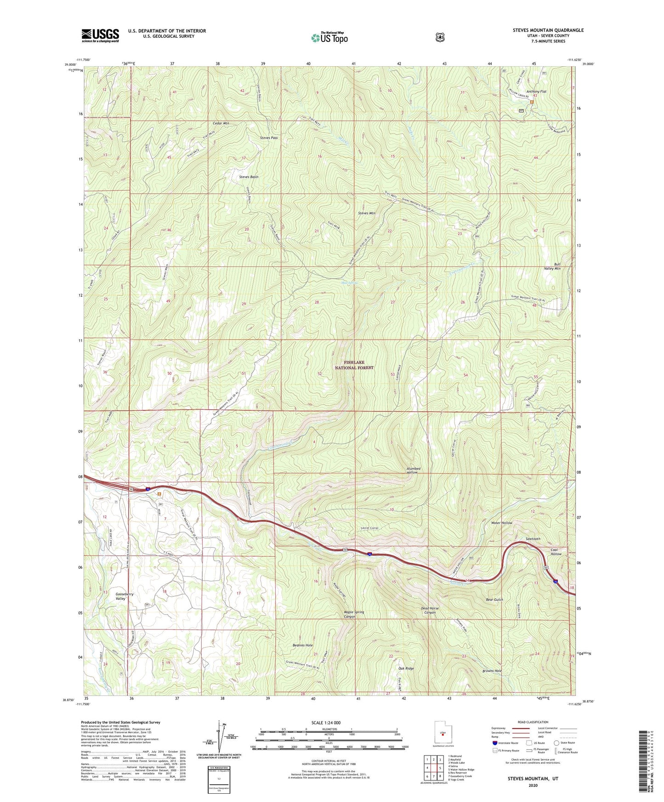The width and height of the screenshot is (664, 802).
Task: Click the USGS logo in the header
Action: [100, 35]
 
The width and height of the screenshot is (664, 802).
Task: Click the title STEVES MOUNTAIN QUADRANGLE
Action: [548, 30]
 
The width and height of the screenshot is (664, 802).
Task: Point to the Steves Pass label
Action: [269, 138]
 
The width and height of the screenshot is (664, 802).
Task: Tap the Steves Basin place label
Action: [249, 177]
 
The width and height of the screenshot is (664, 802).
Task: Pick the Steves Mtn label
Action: [366, 213]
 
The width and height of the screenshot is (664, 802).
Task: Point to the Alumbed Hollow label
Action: [413, 470]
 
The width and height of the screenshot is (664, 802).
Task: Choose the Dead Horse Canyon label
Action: [430, 610]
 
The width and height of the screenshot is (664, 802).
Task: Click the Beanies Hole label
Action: [302, 645]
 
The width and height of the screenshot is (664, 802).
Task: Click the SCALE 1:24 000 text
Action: [326, 723]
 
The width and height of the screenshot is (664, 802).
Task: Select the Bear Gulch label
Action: [494, 599]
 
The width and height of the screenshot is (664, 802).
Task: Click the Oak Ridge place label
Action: [406, 668]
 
